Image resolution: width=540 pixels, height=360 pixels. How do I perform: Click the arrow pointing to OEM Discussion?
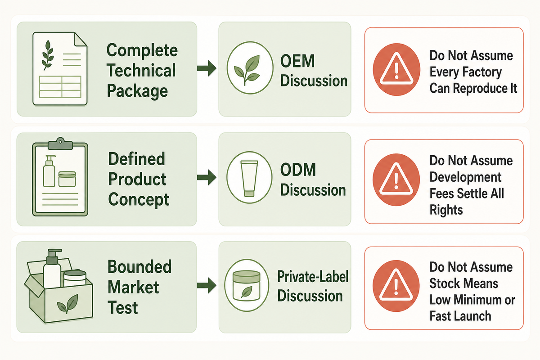pyautogui.click(x=207, y=68)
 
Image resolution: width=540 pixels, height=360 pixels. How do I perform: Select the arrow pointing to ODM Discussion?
pyautogui.click(x=207, y=177)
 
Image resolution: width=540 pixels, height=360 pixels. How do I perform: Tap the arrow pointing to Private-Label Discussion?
pyautogui.click(x=207, y=285)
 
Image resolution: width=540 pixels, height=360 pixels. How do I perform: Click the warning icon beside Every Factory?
pyautogui.click(x=396, y=69)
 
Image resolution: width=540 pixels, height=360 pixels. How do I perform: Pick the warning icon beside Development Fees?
pyautogui.click(x=396, y=180)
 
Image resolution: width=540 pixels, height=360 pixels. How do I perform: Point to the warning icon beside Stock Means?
pyautogui.click(x=396, y=286)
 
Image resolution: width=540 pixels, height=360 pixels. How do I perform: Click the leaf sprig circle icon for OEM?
pyautogui.click(x=250, y=68)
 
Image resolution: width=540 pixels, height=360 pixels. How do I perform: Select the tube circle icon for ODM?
pyautogui.click(x=249, y=177)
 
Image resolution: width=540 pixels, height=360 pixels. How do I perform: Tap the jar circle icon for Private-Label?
pyautogui.click(x=247, y=285)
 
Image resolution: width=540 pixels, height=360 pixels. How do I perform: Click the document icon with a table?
pyautogui.click(x=60, y=69)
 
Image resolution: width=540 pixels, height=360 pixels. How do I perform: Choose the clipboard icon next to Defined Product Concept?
pyautogui.click(x=60, y=177)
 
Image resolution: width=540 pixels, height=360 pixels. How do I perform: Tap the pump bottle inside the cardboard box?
pyautogui.click(x=52, y=268)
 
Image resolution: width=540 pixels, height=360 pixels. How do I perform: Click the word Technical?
pyautogui.click(x=141, y=70)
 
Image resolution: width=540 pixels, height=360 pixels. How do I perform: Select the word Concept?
pyautogui.click(x=139, y=200)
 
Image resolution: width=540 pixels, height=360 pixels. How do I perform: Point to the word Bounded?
pyautogui.click(x=139, y=267)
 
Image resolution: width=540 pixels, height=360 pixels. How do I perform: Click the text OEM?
pyautogui.click(x=297, y=61)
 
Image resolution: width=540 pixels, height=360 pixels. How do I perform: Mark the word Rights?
pyautogui.click(x=446, y=210)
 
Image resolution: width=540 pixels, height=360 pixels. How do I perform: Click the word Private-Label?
pyautogui.click(x=313, y=277)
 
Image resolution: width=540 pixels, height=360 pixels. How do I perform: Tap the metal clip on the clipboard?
pyautogui.click(x=60, y=144)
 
